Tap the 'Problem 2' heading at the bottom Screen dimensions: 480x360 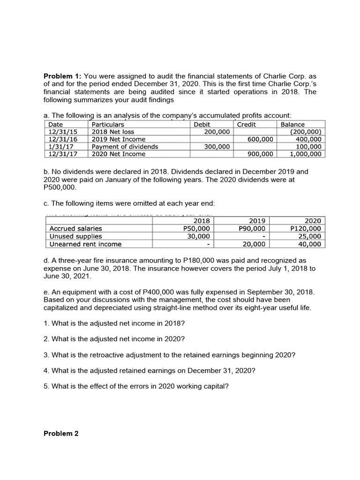pos(61,433)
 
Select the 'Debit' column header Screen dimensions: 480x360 pos(202,125)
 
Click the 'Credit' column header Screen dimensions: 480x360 pos(247,125)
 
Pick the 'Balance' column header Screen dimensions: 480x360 pos(292,125)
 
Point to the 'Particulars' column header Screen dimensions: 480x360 pos(108,125)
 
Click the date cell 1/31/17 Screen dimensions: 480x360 pos(59,146)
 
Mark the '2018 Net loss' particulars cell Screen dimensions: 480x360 pos(113,132)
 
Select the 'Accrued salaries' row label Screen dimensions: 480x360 pos(75,229)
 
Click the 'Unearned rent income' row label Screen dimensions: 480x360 pos(85,244)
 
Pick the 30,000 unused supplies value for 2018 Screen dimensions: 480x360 pos(198,236)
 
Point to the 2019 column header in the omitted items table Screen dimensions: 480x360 pos(257,221)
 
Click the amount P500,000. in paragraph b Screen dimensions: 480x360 pos(59,187)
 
